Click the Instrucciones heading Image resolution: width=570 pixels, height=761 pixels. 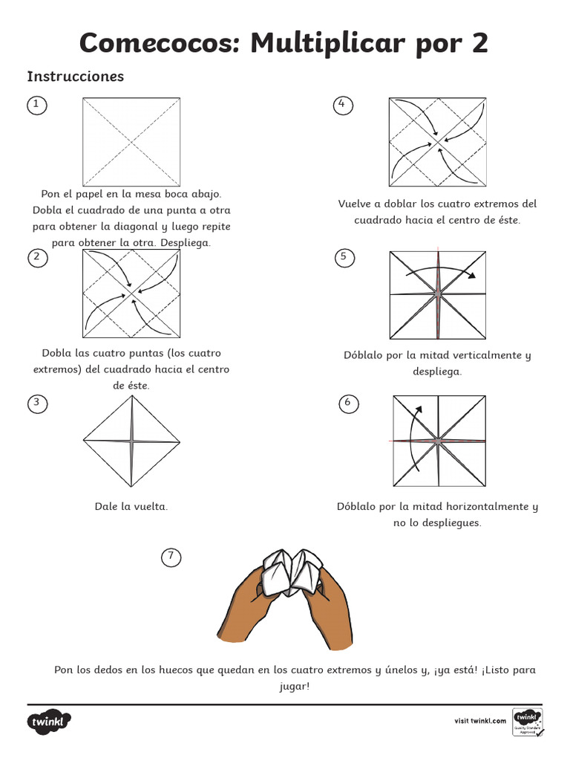[75, 77]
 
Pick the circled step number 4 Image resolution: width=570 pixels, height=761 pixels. [341, 105]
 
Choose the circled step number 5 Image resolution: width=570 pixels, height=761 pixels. [344, 257]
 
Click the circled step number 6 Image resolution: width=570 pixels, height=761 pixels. [346, 404]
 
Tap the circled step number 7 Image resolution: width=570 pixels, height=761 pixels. [171, 556]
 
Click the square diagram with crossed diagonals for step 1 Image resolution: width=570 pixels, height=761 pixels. [131, 141]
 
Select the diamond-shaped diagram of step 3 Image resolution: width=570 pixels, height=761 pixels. [131, 442]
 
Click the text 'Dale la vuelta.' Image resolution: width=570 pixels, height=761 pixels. [131, 506]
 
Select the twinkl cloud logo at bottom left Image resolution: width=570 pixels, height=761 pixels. [50, 722]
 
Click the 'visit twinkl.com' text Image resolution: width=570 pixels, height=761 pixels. [480, 720]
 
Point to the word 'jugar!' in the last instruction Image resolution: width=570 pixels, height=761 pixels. [295, 686]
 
